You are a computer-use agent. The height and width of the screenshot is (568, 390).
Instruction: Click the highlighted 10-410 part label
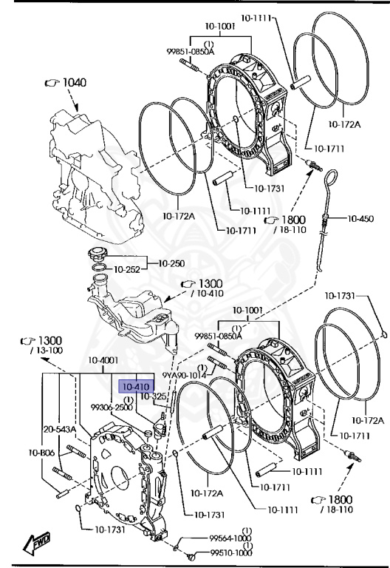(137, 387)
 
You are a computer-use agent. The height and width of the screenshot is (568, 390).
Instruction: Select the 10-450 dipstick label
(360, 218)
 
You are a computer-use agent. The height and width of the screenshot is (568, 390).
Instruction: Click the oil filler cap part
(97, 254)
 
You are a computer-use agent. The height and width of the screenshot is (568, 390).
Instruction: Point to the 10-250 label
(171, 263)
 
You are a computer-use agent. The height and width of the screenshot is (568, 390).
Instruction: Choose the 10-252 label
(127, 269)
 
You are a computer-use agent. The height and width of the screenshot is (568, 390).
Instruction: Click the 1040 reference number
(75, 83)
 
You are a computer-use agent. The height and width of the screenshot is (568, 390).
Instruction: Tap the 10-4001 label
(103, 360)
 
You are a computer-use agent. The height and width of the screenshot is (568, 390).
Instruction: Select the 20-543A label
(60, 429)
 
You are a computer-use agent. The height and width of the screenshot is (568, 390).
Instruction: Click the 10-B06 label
(41, 453)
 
